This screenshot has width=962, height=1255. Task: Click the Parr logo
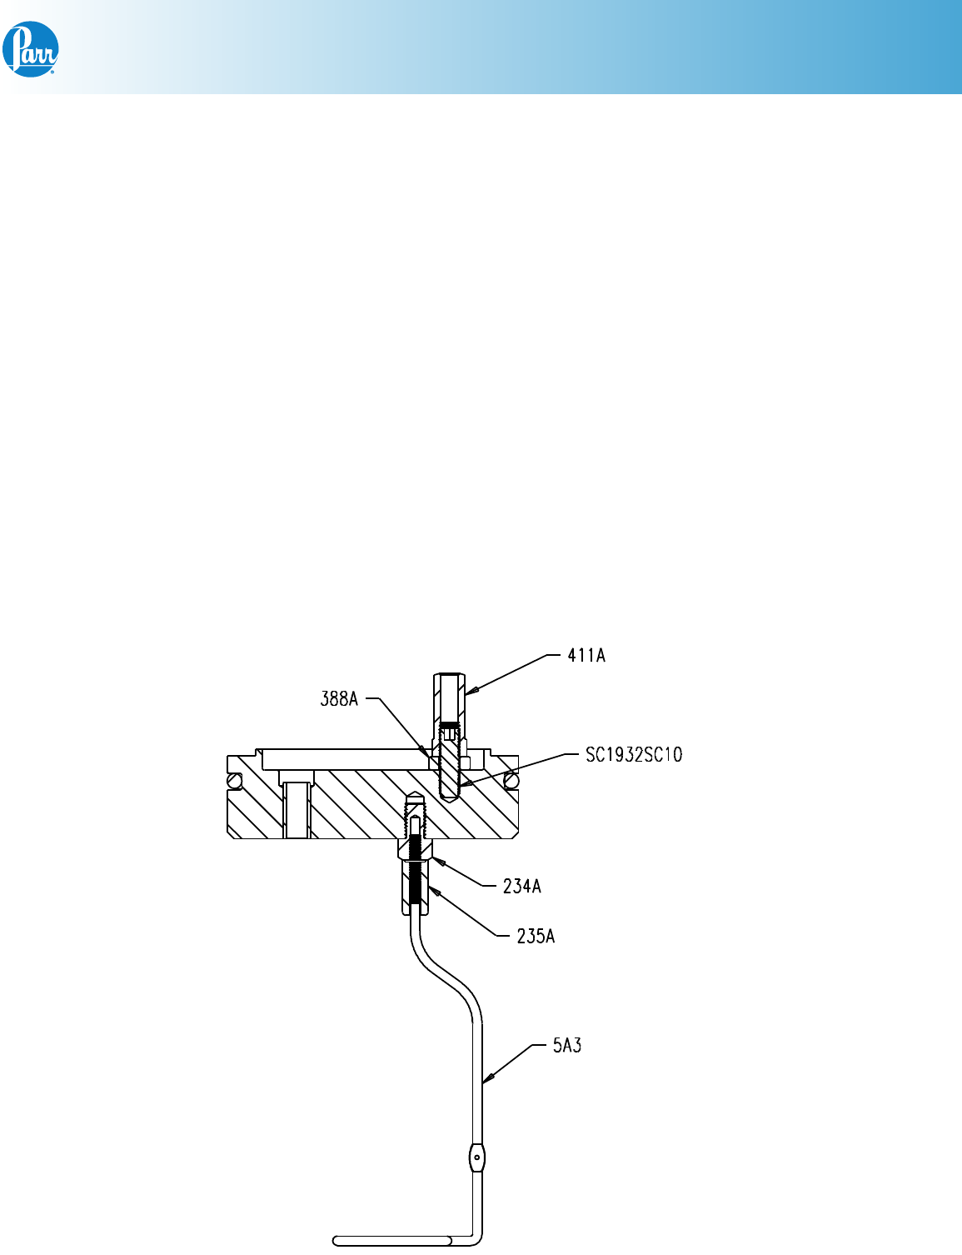[x=31, y=49]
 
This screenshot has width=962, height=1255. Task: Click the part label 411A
[x=586, y=656]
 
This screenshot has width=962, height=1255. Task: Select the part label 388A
[x=339, y=699]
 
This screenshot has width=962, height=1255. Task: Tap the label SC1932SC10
[x=634, y=754]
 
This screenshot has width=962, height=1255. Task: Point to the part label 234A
[x=521, y=886]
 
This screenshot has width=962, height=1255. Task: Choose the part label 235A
[x=536, y=936]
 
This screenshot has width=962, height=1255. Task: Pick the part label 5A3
[x=566, y=1045]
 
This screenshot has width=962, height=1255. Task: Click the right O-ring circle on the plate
[x=511, y=781]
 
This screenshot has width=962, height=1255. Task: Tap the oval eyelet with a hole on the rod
[x=476, y=1158]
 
